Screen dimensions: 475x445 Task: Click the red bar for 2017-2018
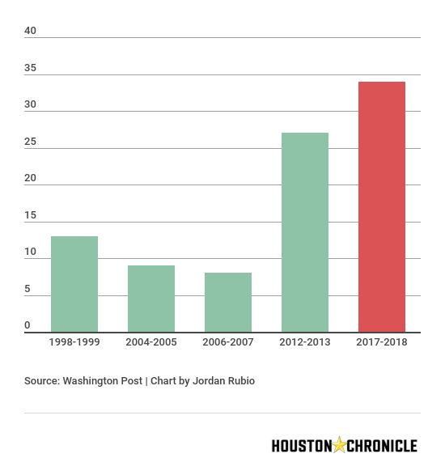(381, 206)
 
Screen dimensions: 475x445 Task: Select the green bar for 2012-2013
(304, 232)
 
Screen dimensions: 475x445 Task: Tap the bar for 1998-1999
(74, 284)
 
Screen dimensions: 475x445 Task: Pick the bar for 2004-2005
(150, 299)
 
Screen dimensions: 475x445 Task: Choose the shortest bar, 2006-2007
(227, 302)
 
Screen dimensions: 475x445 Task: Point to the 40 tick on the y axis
(31, 31)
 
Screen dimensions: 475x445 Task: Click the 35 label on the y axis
(31, 68)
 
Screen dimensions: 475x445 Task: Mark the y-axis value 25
(31, 142)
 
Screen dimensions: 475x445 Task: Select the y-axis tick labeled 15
(31, 215)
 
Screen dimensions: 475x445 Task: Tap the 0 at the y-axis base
(28, 325)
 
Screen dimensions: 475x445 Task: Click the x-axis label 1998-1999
(74, 342)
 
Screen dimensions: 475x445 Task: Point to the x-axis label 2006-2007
(227, 342)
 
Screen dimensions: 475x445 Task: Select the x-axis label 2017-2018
(381, 342)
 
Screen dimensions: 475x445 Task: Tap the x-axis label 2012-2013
(304, 342)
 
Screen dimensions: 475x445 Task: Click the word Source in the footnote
(41, 380)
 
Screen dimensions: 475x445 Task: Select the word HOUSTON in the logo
(301, 446)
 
